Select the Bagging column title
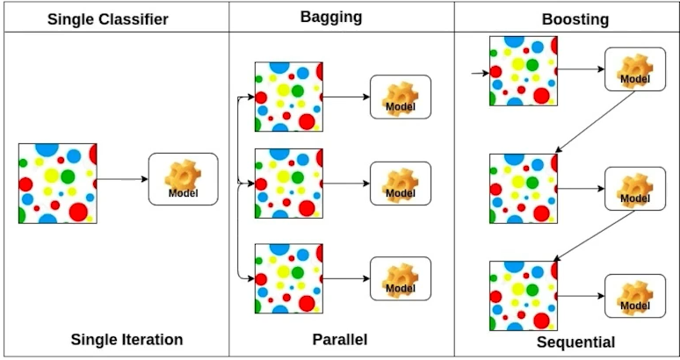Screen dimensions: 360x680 pyautogui.click(x=339, y=16)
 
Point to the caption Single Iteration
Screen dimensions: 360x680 pyautogui.click(x=127, y=339)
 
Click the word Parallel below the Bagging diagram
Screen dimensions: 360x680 pyautogui.click(x=339, y=339)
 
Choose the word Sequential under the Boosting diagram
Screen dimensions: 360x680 pyautogui.click(x=575, y=342)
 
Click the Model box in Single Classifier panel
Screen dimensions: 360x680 pyautogui.click(x=183, y=179)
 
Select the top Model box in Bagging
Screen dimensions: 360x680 pyautogui.click(x=400, y=97)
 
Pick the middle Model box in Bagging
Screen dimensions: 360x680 pyautogui.click(x=400, y=184)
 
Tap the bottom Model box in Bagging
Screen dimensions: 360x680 pyautogui.click(x=400, y=278)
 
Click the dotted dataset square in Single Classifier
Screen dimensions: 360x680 pyautogui.click(x=57, y=183)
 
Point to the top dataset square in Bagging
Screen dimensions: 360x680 pyautogui.click(x=288, y=96)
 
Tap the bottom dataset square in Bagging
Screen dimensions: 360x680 pyautogui.click(x=288, y=278)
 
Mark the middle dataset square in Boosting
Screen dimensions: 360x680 pyautogui.click(x=523, y=188)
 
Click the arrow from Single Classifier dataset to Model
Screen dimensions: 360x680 pyautogui.click(x=122, y=180)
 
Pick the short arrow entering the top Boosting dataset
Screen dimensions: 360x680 pyautogui.click(x=480, y=73)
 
